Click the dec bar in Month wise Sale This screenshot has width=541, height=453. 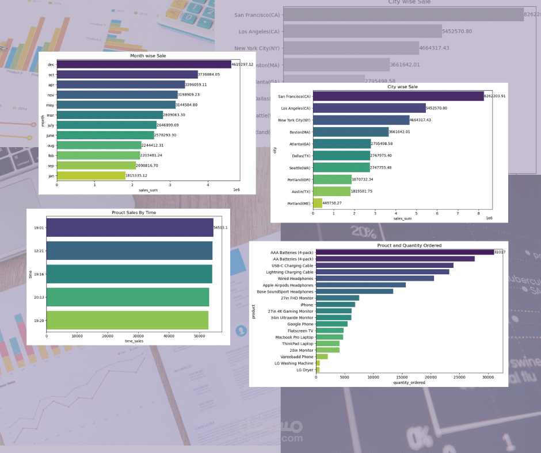click(144, 64)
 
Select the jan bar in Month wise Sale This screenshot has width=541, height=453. click(91, 175)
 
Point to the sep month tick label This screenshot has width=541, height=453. click(51, 166)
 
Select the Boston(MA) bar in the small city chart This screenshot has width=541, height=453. click(350, 132)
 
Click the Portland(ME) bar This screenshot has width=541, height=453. click(318, 203)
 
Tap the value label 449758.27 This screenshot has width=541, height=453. click(332, 203)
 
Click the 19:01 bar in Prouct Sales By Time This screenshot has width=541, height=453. click(129, 228)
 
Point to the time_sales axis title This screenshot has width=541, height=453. click(134, 341)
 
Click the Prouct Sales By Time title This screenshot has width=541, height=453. click(134, 213)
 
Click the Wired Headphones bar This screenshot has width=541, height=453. click(375, 278)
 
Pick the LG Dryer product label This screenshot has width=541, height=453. click(304, 370)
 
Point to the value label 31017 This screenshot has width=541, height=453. click(500, 252)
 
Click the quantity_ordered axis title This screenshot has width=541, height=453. click(409, 383)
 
